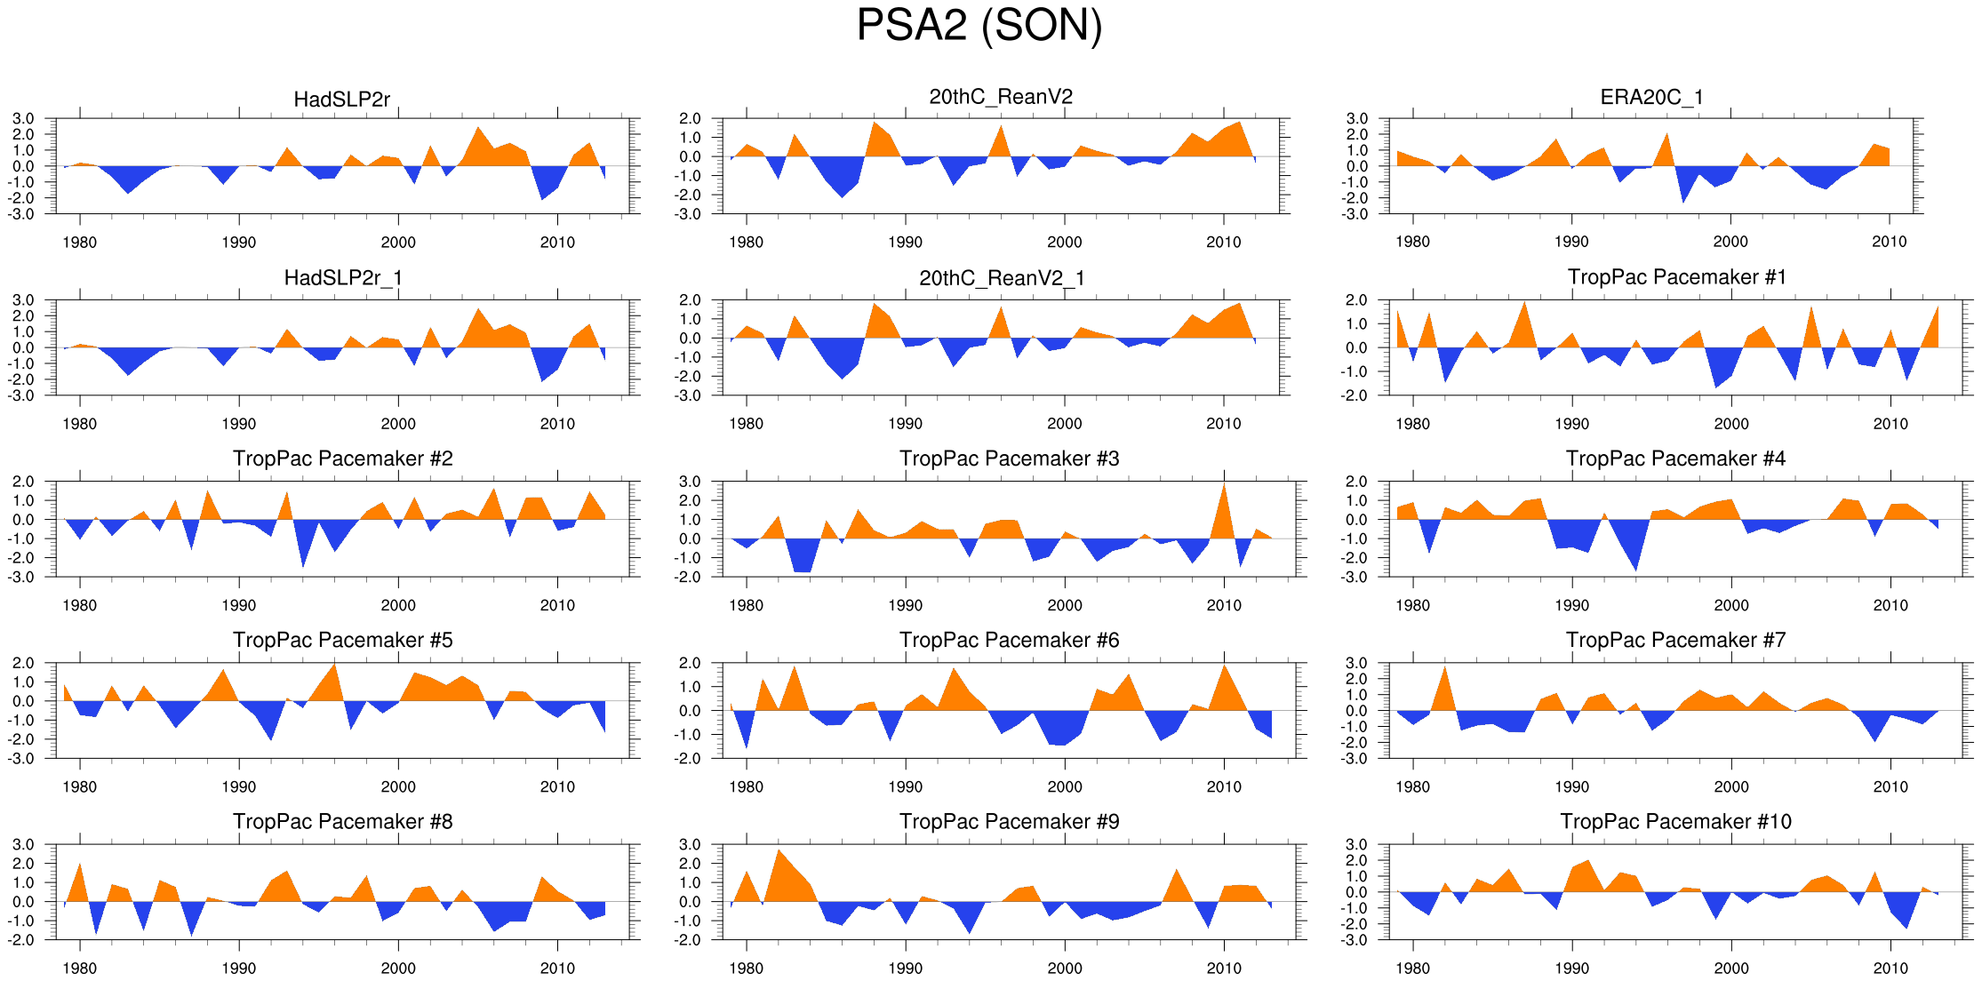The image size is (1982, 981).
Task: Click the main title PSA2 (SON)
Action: pos(979,25)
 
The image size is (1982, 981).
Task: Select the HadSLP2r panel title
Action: pos(341,100)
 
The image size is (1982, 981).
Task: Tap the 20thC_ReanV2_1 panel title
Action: pos(1002,278)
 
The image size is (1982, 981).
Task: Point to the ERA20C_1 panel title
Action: pos(1651,97)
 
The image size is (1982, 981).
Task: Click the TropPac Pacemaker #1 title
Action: pos(1676,277)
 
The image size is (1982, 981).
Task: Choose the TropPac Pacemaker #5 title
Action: pos(342,640)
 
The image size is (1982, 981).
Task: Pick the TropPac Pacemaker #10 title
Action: pos(1675,821)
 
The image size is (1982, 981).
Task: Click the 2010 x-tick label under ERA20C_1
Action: pos(1889,242)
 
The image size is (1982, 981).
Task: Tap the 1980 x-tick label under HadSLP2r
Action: pos(79,242)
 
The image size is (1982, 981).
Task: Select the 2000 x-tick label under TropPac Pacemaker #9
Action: pos(1064,968)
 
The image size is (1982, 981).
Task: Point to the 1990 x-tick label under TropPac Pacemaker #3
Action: pos(905,605)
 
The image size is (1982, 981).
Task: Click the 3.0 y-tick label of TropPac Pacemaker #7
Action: pos(1356,663)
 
